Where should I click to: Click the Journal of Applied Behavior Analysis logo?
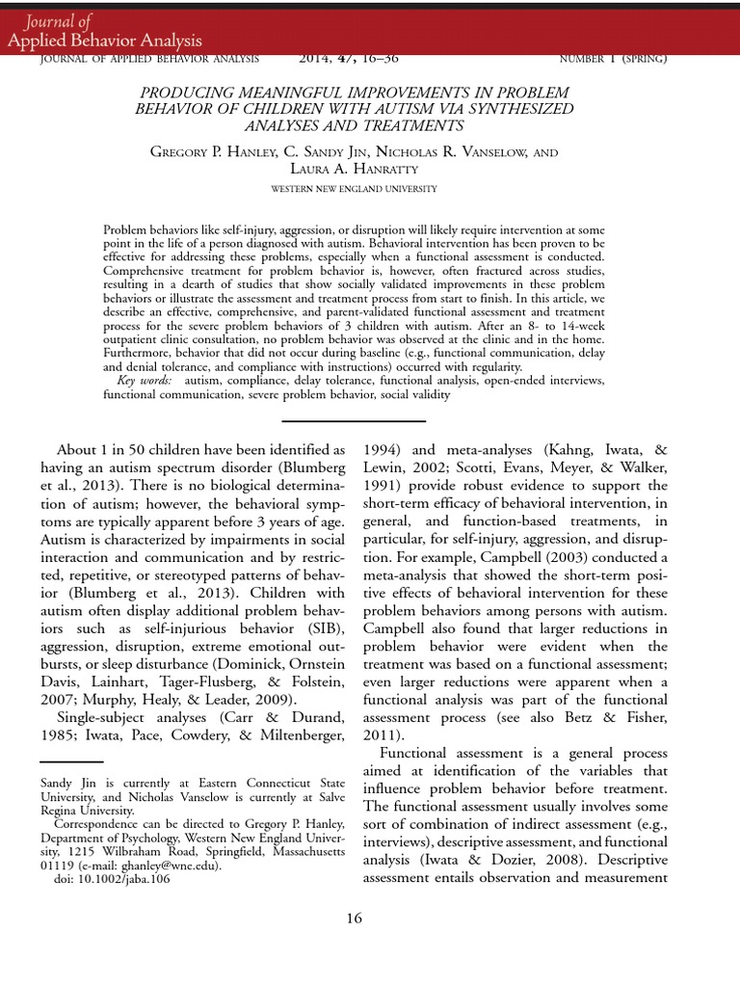pyautogui.click(x=105, y=31)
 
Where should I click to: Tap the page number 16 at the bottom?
pyautogui.click(x=355, y=918)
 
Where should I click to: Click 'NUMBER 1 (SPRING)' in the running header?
pyautogui.click(x=613, y=59)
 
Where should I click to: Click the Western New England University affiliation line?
pyautogui.click(x=354, y=189)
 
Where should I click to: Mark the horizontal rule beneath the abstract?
pyautogui.click(x=354, y=421)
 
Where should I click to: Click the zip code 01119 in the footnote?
pyautogui.click(x=59, y=866)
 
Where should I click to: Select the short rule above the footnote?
pyautogui.click(x=71, y=761)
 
